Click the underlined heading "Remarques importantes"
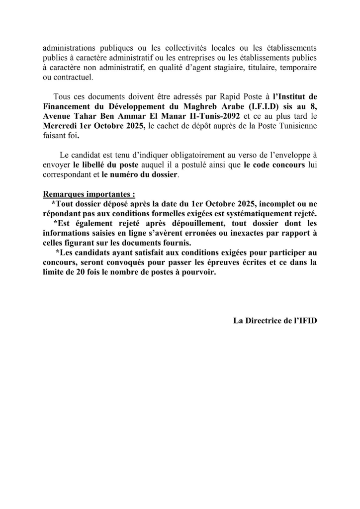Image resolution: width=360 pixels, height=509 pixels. click(x=87, y=194)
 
